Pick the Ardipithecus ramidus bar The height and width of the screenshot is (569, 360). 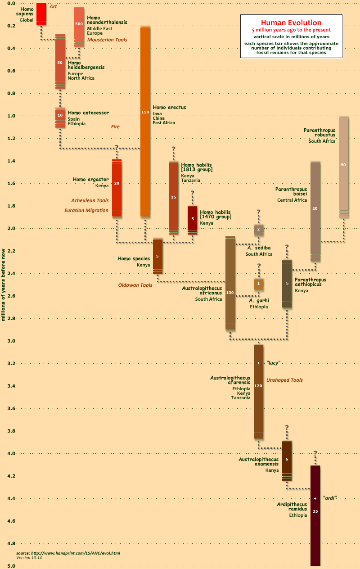pos(315,531)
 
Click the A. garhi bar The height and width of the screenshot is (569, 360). pos(259,284)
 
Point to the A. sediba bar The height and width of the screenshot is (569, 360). pos(259,230)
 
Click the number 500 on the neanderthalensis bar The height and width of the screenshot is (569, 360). pos(79,23)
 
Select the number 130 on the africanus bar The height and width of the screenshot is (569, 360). pos(230,293)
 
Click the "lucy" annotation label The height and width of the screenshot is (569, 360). pos(274,363)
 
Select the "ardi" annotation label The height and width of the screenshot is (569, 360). pos(330,498)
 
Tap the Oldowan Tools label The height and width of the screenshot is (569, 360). pos(135,285)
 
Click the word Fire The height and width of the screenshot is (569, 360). pos(115,127)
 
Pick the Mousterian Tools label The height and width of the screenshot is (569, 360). pos(107,40)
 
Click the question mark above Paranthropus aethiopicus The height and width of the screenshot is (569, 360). pos(287,247)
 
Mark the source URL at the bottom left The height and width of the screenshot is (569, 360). pos(68,553)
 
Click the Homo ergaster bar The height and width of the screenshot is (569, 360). pos(117,189)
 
